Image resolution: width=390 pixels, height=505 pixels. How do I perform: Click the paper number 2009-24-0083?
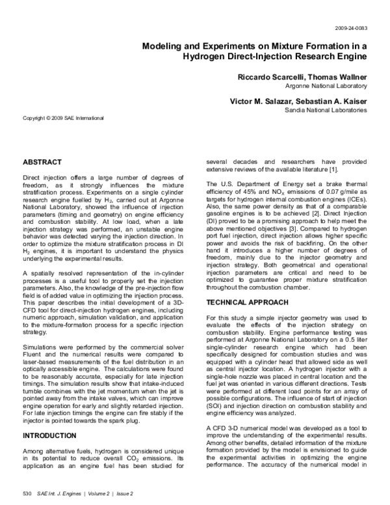coord(350,29)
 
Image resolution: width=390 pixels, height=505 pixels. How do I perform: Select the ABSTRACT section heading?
coord(42,161)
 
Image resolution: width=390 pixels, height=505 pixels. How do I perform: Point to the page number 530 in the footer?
coord(27,494)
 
